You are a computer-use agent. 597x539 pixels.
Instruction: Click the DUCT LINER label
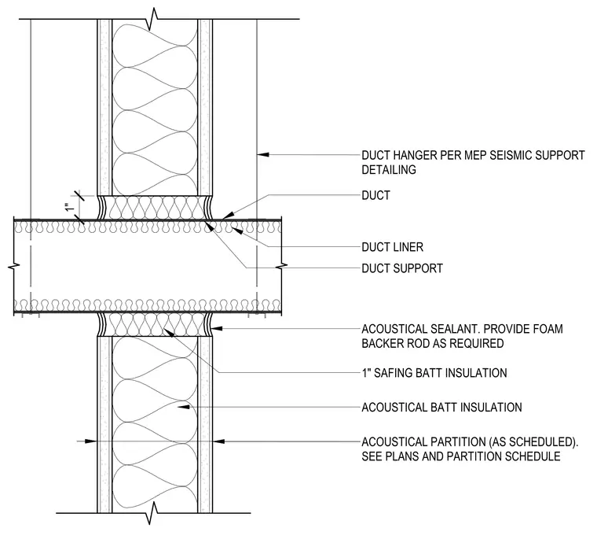click(x=392, y=247)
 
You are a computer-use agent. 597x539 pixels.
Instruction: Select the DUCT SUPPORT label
click(x=402, y=268)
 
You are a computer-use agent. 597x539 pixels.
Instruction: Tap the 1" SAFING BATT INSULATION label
click(x=434, y=373)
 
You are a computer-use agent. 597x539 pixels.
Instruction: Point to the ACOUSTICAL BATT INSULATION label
click(x=441, y=408)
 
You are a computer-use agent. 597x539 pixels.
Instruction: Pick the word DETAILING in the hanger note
click(x=389, y=170)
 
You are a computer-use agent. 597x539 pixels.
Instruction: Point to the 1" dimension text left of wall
click(x=69, y=208)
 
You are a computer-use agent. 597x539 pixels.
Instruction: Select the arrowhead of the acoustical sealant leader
click(x=217, y=328)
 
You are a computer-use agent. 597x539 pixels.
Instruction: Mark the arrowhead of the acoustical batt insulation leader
click(x=184, y=407)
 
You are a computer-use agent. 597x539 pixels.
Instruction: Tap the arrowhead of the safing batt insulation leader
click(x=169, y=332)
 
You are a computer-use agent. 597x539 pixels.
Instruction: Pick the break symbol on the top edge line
click(x=153, y=19)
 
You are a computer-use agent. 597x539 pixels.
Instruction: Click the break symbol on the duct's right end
click(x=282, y=266)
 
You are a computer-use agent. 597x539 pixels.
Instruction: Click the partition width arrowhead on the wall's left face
click(x=91, y=441)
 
